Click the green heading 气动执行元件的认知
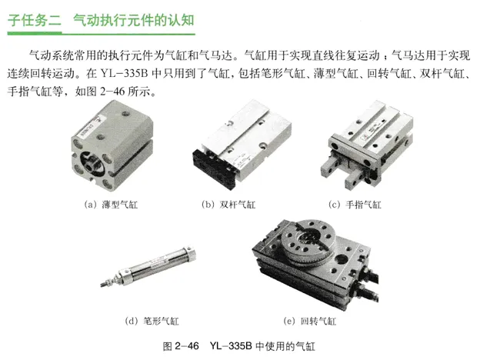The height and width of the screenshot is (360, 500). click(134, 20)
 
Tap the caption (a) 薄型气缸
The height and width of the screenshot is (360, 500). click(111, 205)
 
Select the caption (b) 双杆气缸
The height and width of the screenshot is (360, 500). click(228, 205)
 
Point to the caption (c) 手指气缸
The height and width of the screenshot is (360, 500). click(355, 205)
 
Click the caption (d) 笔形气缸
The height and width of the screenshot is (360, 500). click(152, 321)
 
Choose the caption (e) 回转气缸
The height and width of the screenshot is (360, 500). click(310, 321)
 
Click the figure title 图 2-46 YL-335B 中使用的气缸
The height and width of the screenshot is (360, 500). click(238, 346)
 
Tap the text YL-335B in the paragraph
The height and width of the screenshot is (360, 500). click(124, 74)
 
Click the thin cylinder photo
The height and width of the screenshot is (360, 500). click(112, 145)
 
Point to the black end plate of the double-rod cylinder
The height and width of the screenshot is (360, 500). click(215, 168)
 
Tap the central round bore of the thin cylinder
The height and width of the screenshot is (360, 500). click(91, 162)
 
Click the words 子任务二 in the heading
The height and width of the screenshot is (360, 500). click(34, 20)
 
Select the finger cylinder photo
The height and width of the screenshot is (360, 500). click(367, 145)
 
